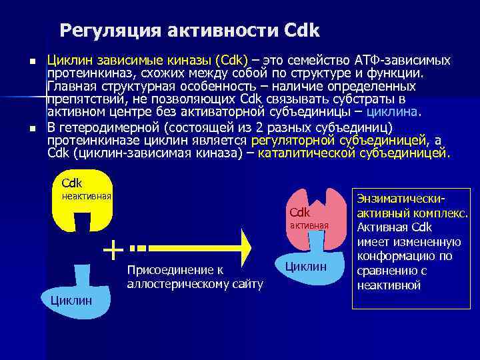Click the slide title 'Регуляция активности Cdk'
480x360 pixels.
pyautogui.click(x=190, y=31)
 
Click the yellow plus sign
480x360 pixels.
pyautogui.click(x=114, y=249)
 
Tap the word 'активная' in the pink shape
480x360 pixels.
pyautogui.click(x=309, y=225)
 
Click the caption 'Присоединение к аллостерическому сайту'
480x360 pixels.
pyautogui.click(x=194, y=277)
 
